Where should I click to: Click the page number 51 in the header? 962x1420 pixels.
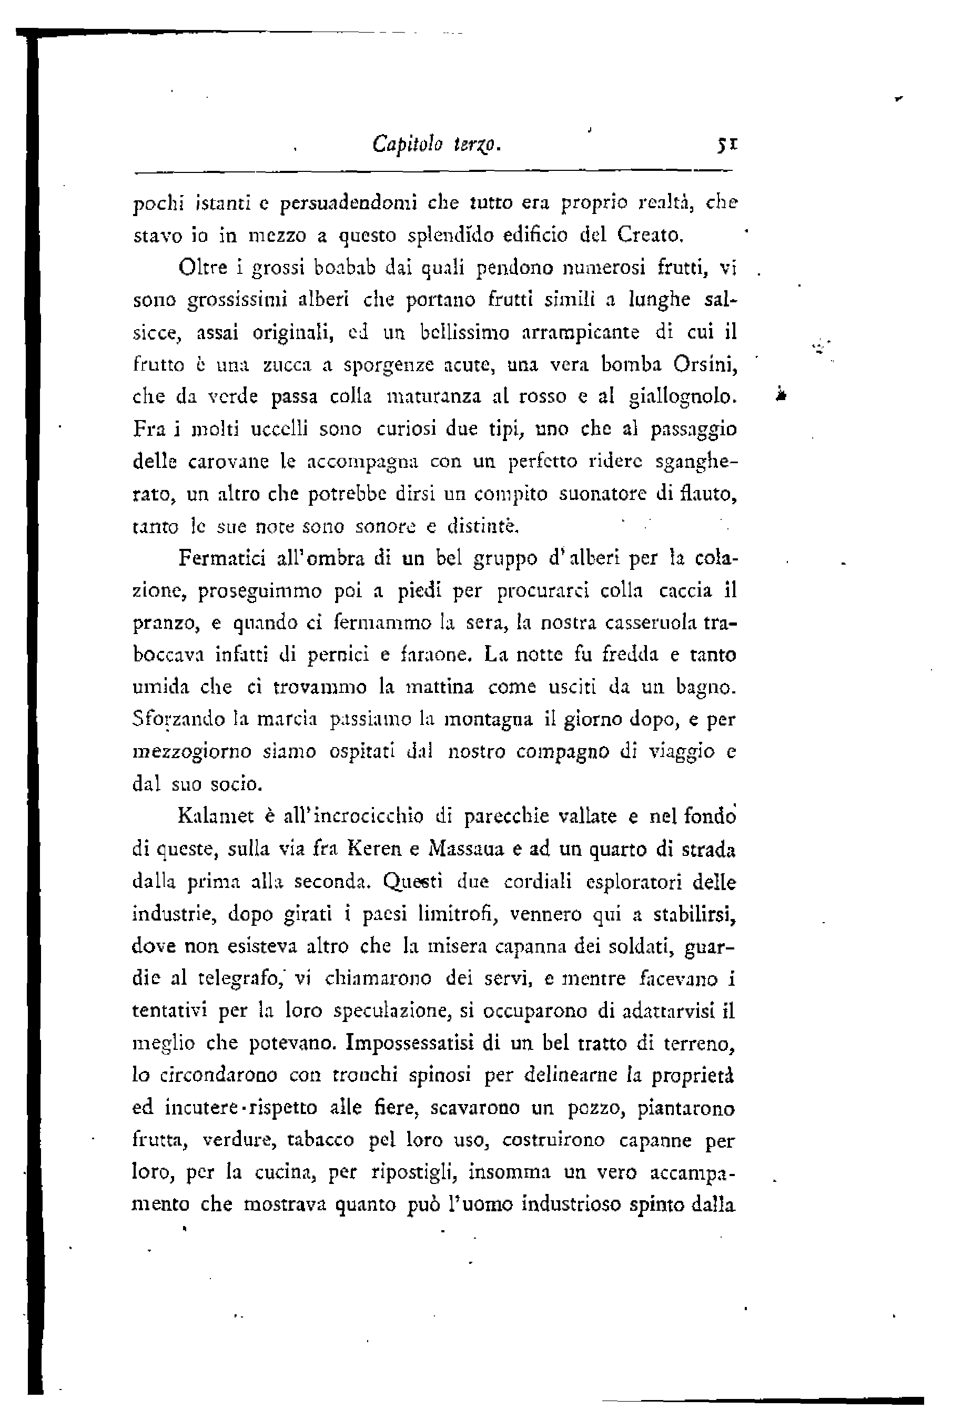(728, 146)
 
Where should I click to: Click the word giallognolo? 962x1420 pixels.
(683, 397)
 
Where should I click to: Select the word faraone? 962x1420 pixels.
(433, 656)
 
